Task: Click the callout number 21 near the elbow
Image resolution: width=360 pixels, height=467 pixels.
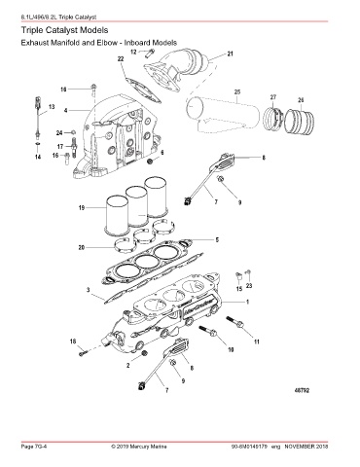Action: click(x=230, y=54)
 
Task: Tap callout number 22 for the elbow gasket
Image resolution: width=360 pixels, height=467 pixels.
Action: click(x=121, y=58)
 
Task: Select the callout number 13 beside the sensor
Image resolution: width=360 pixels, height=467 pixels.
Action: click(x=52, y=107)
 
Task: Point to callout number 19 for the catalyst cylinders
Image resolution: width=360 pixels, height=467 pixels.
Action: click(x=82, y=207)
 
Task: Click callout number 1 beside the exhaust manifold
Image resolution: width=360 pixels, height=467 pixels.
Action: click(x=247, y=302)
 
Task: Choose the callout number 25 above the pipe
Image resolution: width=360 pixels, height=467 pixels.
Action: click(x=237, y=92)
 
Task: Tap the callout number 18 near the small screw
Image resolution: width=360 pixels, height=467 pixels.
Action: click(x=73, y=341)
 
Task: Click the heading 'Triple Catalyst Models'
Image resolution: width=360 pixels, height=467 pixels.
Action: click(x=64, y=30)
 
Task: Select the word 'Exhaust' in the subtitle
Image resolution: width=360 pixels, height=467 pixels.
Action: click(x=34, y=43)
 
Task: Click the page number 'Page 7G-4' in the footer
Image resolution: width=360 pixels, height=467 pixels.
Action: click(x=34, y=447)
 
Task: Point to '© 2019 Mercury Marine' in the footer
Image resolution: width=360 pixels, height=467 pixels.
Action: click(x=139, y=447)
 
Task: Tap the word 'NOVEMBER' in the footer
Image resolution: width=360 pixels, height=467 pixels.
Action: click(x=300, y=447)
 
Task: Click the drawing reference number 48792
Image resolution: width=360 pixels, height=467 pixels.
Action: click(x=302, y=390)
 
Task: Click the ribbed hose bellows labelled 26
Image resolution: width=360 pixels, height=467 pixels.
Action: click(x=300, y=122)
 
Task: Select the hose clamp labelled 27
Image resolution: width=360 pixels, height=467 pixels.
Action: click(x=272, y=119)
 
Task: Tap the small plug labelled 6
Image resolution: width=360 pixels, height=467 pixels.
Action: click(x=151, y=161)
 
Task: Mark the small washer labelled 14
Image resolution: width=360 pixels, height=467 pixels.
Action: click(x=38, y=143)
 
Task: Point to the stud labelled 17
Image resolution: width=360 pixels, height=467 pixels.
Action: click(x=73, y=148)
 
